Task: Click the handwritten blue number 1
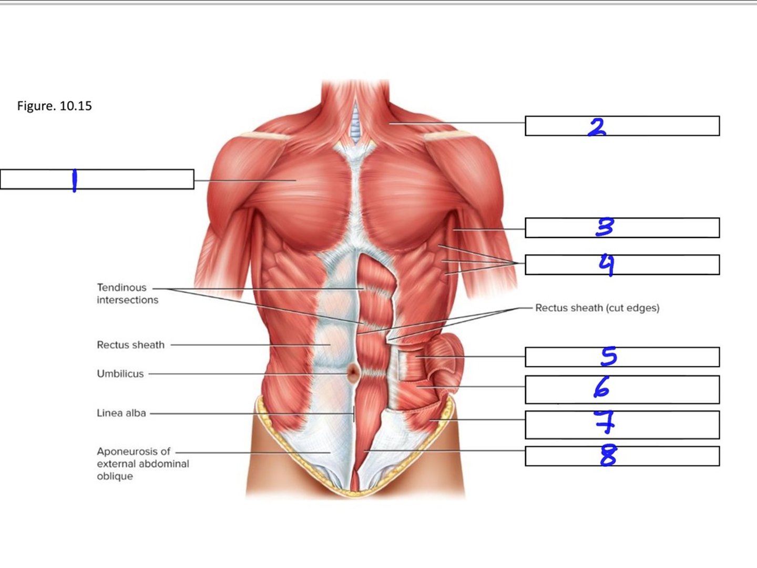click(74, 180)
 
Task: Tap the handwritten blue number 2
click(597, 127)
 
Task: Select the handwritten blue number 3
click(605, 227)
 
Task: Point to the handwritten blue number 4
click(606, 265)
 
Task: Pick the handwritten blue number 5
click(608, 356)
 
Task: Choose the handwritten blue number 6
click(601, 387)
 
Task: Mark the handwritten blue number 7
click(605, 421)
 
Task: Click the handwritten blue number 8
click(608, 455)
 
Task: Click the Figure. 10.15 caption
click(55, 106)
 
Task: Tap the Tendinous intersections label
click(127, 293)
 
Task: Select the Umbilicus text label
click(120, 373)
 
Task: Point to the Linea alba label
click(121, 413)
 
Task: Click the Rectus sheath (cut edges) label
click(597, 308)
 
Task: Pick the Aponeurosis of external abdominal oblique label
click(143, 463)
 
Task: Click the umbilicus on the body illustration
click(353, 372)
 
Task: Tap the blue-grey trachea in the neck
click(355, 125)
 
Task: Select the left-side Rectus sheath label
click(130, 344)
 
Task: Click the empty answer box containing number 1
click(97, 179)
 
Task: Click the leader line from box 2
click(457, 123)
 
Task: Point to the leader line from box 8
click(445, 450)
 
